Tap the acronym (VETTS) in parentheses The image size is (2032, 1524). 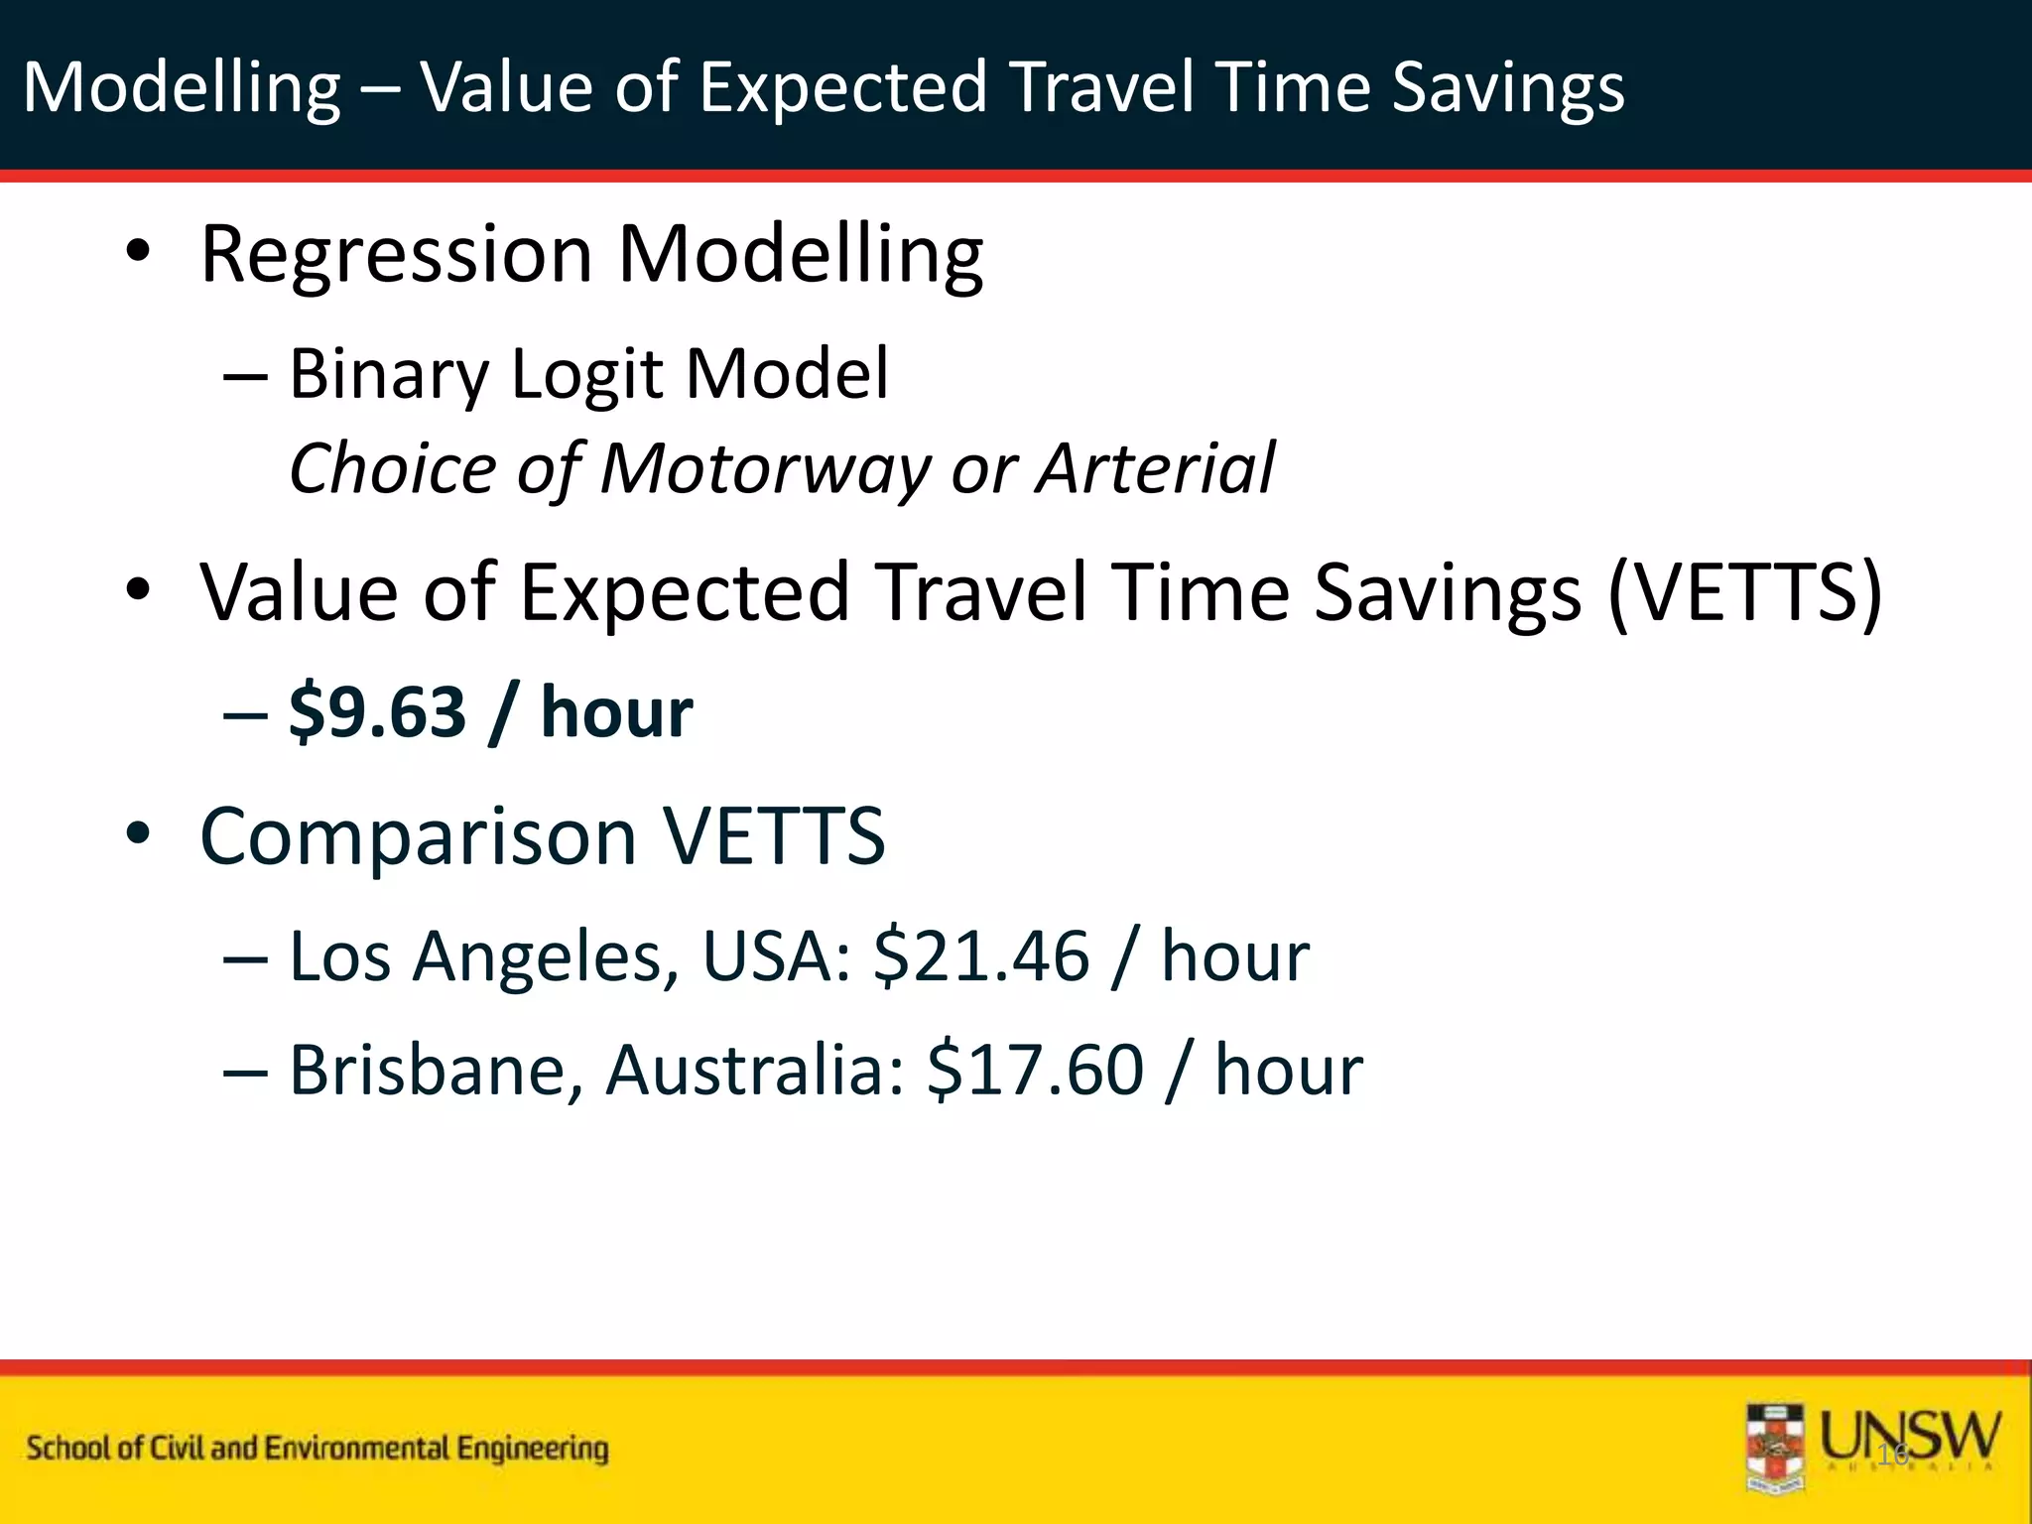click(x=1744, y=593)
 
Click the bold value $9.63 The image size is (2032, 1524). click(x=377, y=712)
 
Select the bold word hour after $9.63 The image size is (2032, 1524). click(x=616, y=712)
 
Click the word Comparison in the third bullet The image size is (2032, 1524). click(x=418, y=836)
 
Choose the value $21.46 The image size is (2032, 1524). click(x=980, y=957)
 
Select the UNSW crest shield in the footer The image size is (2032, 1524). click(x=1775, y=1447)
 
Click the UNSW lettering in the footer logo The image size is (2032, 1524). click(x=1910, y=1435)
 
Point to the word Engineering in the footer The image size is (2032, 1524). click(x=533, y=1449)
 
